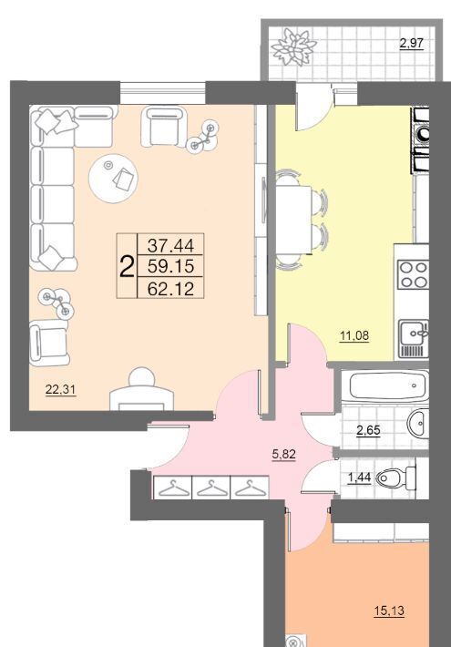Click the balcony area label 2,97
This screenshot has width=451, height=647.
click(x=412, y=44)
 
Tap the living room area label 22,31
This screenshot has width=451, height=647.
click(x=61, y=389)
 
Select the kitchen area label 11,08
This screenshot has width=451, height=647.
click(x=354, y=336)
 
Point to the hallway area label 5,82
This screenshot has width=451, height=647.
click(x=284, y=455)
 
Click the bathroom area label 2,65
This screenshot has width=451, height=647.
click(x=368, y=431)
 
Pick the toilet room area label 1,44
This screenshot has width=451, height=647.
click(x=359, y=478)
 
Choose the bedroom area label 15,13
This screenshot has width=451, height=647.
click(x=389, y=611)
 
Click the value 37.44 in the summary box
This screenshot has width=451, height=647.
click(x=170, y=246)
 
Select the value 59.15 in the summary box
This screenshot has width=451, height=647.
click(x=170, y=267)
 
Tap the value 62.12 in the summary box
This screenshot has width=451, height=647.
click(x=170, y=289)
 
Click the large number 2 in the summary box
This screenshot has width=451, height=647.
click(x=127, y=267)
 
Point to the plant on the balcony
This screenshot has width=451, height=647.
click(x=294, y=46)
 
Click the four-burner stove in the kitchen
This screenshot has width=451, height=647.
click(x=413, y=274)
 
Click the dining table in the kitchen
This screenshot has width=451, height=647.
click(x=293, y=220)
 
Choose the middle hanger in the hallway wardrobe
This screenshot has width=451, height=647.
click(x=210, y=488)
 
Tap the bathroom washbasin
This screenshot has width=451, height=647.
click(x=418, y=424)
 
